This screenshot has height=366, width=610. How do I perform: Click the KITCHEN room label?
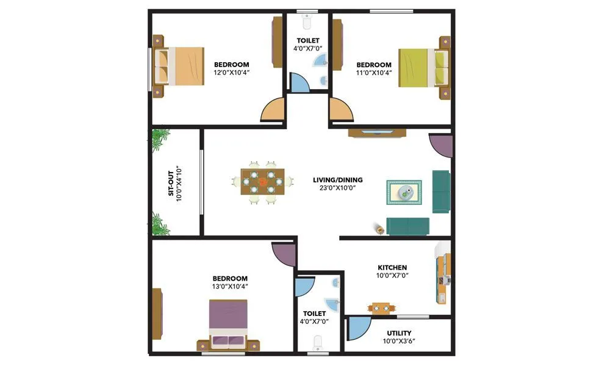(392, 267)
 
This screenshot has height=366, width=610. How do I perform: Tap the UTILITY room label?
(399, 333)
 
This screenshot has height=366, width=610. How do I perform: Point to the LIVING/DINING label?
(337, 180)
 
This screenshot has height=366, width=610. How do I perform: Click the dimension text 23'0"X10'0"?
(337, 188)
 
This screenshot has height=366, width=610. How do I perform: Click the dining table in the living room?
(262, 181)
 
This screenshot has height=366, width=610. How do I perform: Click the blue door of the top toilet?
(299, 82)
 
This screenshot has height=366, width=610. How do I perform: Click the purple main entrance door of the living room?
(440, 148)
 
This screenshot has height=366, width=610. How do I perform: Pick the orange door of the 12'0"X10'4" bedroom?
(273, 110)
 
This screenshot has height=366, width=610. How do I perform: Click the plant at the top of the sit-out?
(160, 140)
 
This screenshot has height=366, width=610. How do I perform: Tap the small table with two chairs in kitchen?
(381, 309)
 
